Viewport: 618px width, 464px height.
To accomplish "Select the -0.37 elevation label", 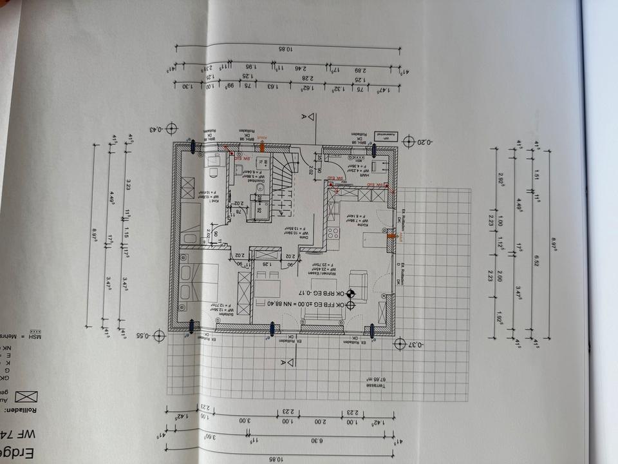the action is pyautogui.click(x=416, y=345).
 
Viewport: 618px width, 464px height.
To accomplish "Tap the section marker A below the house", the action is pyautogui.click(x=282, y=363).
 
